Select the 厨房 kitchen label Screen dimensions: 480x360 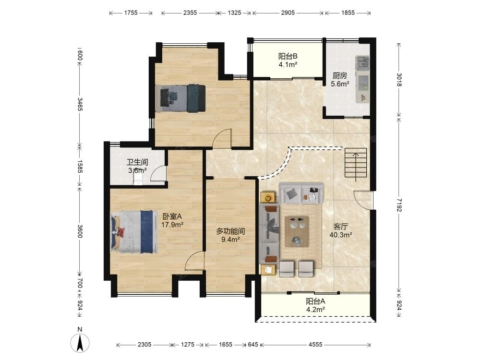click(x=340, y=80)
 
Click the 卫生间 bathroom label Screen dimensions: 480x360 click(x=137, y=166)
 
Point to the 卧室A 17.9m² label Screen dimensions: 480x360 click(x=172, y=221)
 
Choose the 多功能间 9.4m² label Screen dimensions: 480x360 click(x=230, y=235)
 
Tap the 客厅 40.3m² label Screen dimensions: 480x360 click(x=340, y=231)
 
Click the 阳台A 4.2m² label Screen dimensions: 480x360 click(x=316, y=305)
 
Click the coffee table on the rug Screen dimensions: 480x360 click(x=296, y=231)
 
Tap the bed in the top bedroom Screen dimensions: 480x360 click(x=180, y=98)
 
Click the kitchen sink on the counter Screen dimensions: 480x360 click(x=363, y=63)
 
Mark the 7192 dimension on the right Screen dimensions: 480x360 click(x=398, y=204)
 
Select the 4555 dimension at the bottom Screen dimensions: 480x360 click(x=315, y=345)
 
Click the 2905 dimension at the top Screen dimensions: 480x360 click(x=288, y=13)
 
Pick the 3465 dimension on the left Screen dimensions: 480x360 click(x=80, y=104)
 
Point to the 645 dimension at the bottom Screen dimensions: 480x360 click(x=253, y=345)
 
